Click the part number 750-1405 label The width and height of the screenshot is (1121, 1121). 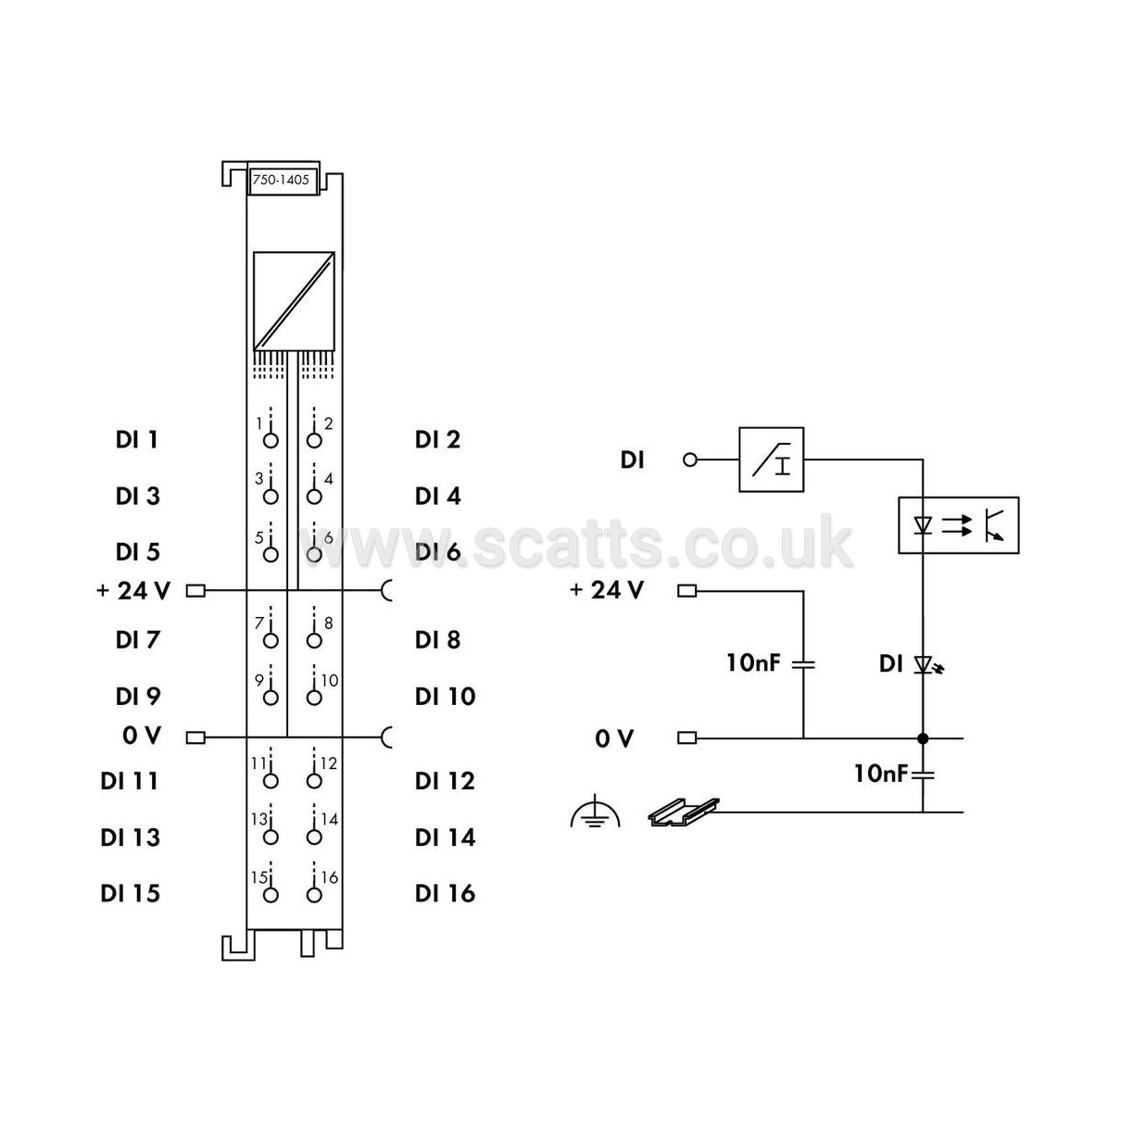[x=281, y=180]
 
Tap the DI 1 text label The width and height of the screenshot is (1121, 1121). [x=137, y=440]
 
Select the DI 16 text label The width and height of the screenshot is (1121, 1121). [x=445, y=893]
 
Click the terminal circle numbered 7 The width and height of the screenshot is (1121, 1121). [x=271, y=640]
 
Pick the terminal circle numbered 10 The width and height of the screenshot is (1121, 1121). [x=314, y=698]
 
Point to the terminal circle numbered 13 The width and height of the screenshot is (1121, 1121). [x=271, y=838]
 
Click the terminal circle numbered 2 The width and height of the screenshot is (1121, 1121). [x=314, y=440]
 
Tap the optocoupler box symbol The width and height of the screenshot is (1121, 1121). [x=958, y=525]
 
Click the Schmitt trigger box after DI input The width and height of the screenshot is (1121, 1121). [x=772, y=460]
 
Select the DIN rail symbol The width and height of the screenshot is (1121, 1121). [x=684, y=812]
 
